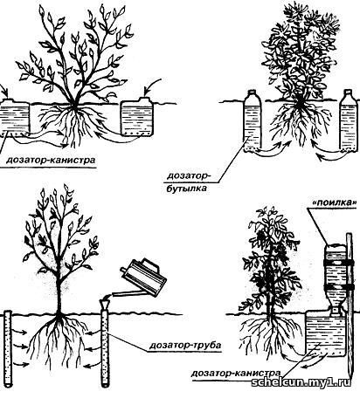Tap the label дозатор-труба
tap(185, 346)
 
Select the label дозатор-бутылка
tap(189, 182)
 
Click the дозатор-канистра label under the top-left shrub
tap(51, 160)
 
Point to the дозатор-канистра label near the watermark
tap(236, 374)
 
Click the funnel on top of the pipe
tap(105, 304)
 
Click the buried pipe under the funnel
tap(105, 348)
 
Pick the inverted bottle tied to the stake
tap(335, 280)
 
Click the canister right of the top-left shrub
tap(137, 117)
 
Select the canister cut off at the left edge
tap(15, 117)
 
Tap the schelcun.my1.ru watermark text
tap(301, 382)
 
